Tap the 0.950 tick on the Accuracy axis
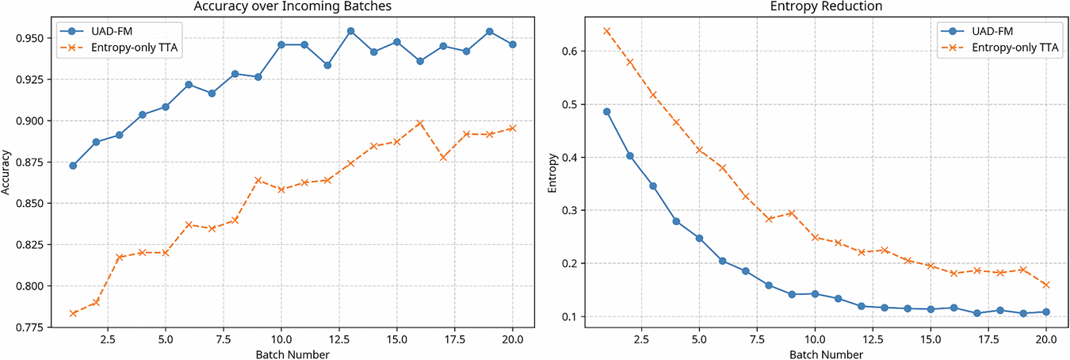pyautogui.click(x=36, y=38)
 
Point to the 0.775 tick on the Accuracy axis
pyautogui.click(x=36, y=327)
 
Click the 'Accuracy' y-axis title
pyautogui.click(x=7, y=178)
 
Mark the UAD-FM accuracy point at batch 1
pyautogui.click(x=73, y=166)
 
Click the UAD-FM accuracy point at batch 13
pyautogui.click(x=350, y=31)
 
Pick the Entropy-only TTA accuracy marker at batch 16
pyautogui.click(x=420, y=123)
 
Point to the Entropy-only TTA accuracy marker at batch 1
pyautogui.click(x=73, y=313)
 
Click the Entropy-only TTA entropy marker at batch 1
pyautogui.click(x=606, y=31)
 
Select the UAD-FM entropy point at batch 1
pyautogui.click(x=606, y=111)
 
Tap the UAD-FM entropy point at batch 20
pyautogui.click(x=1046, y=312)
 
